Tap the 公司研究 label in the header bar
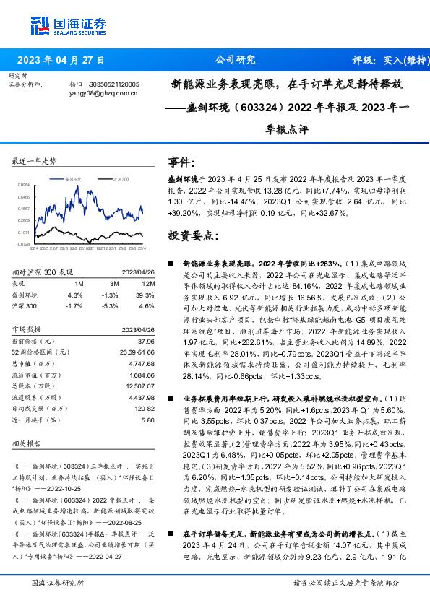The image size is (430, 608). [236, 60]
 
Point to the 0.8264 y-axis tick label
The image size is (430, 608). [23, 185]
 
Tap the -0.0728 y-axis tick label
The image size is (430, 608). [23, 244]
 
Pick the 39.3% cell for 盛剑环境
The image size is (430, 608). [145, 295]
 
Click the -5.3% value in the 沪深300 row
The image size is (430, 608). [110, 306]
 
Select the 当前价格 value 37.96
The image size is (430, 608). [146, 340]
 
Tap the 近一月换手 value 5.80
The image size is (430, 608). [147, 420]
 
